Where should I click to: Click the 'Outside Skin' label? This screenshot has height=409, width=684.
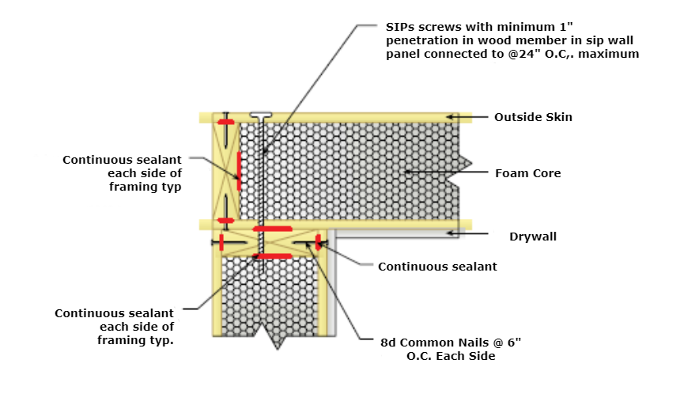coord(533,117)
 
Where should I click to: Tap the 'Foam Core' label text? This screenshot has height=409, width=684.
coord(527,173)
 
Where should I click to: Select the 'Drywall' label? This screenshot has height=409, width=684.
coord(533,236)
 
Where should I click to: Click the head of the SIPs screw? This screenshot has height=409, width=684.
coord(260,114)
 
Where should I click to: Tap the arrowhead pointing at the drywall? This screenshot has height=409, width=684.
coord(449,233)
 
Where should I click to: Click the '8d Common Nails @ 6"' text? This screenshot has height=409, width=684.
coord(452,341)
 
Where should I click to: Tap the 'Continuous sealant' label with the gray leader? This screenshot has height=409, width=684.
coord(437,267)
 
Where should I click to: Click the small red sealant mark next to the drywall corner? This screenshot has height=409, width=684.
coord(318,242)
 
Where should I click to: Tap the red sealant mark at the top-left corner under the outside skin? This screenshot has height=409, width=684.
coord(226,122)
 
